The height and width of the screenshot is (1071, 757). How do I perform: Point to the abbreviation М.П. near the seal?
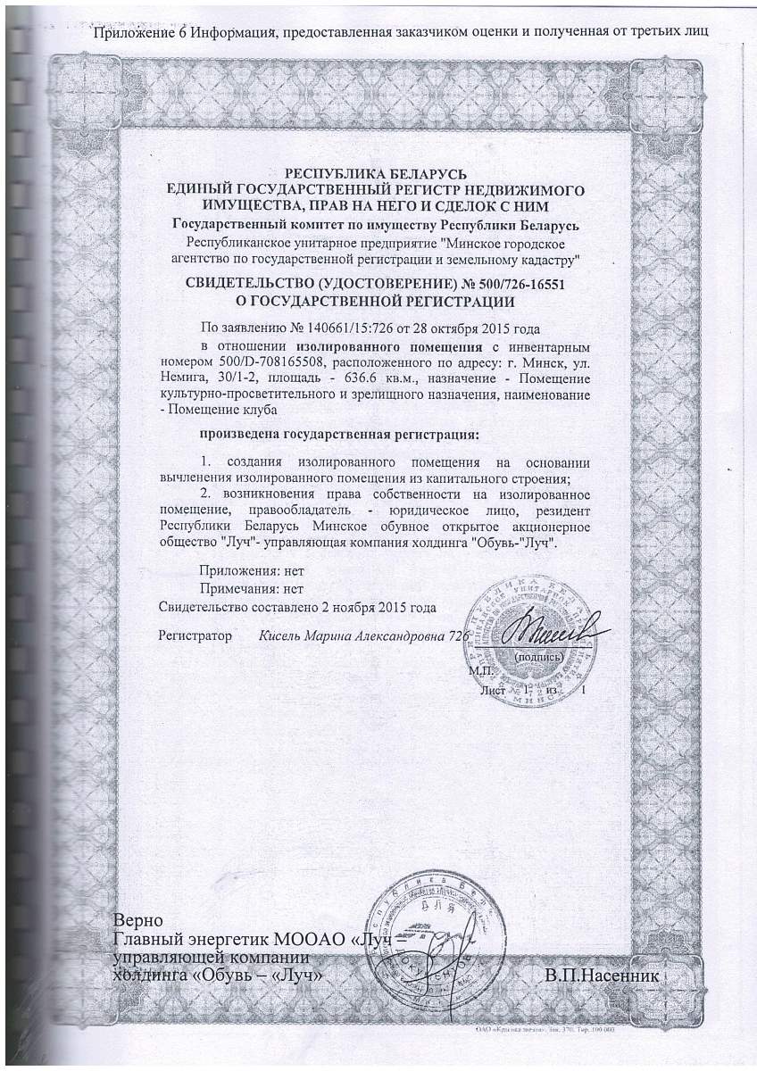480,669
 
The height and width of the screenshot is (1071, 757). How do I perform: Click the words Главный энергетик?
187,940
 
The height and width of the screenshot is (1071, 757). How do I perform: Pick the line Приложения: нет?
252,571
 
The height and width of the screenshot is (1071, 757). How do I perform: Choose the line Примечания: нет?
252,589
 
